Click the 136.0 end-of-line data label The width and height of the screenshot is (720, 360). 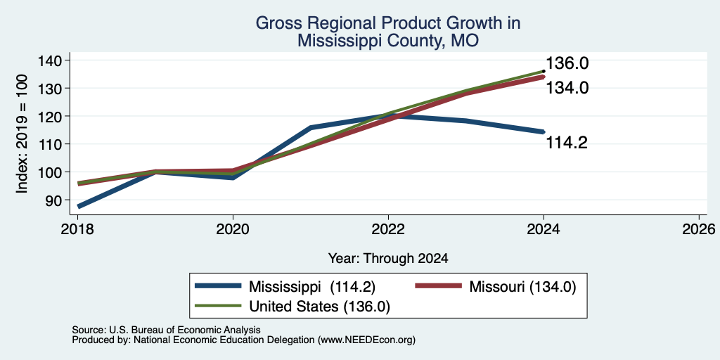(567, 63)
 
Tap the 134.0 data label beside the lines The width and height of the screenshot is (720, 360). (567, 88)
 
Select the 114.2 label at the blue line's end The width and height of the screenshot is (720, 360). (567, 143)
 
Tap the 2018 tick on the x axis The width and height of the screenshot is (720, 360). (78, 229)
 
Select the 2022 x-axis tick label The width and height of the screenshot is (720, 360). (388, 229)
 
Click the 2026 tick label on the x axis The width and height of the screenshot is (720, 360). (698, 229)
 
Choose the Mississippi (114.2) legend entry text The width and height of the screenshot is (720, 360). (312, 287)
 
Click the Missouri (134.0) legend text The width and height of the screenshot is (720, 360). (522, 287)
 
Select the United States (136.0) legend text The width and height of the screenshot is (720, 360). (320, 307)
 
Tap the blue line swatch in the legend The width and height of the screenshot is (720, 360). (218, 286)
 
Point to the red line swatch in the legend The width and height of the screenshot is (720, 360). (438, 286)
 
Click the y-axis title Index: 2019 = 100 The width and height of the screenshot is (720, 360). (22, 134)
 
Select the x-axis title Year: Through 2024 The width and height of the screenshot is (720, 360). (388, 259)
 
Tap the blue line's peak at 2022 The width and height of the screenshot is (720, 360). (388, 115)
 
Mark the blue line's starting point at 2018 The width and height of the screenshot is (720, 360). (79, 207)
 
